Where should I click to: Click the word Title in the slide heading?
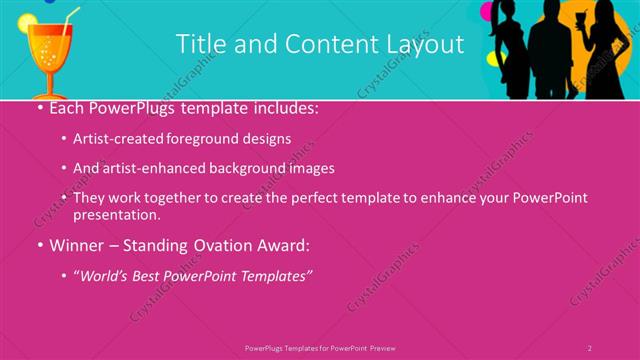click(197, 44)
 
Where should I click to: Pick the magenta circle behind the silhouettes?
click(488, 12)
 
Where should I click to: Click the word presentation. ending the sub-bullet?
click(116, 214)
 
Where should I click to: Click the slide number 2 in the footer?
click(589, 348)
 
